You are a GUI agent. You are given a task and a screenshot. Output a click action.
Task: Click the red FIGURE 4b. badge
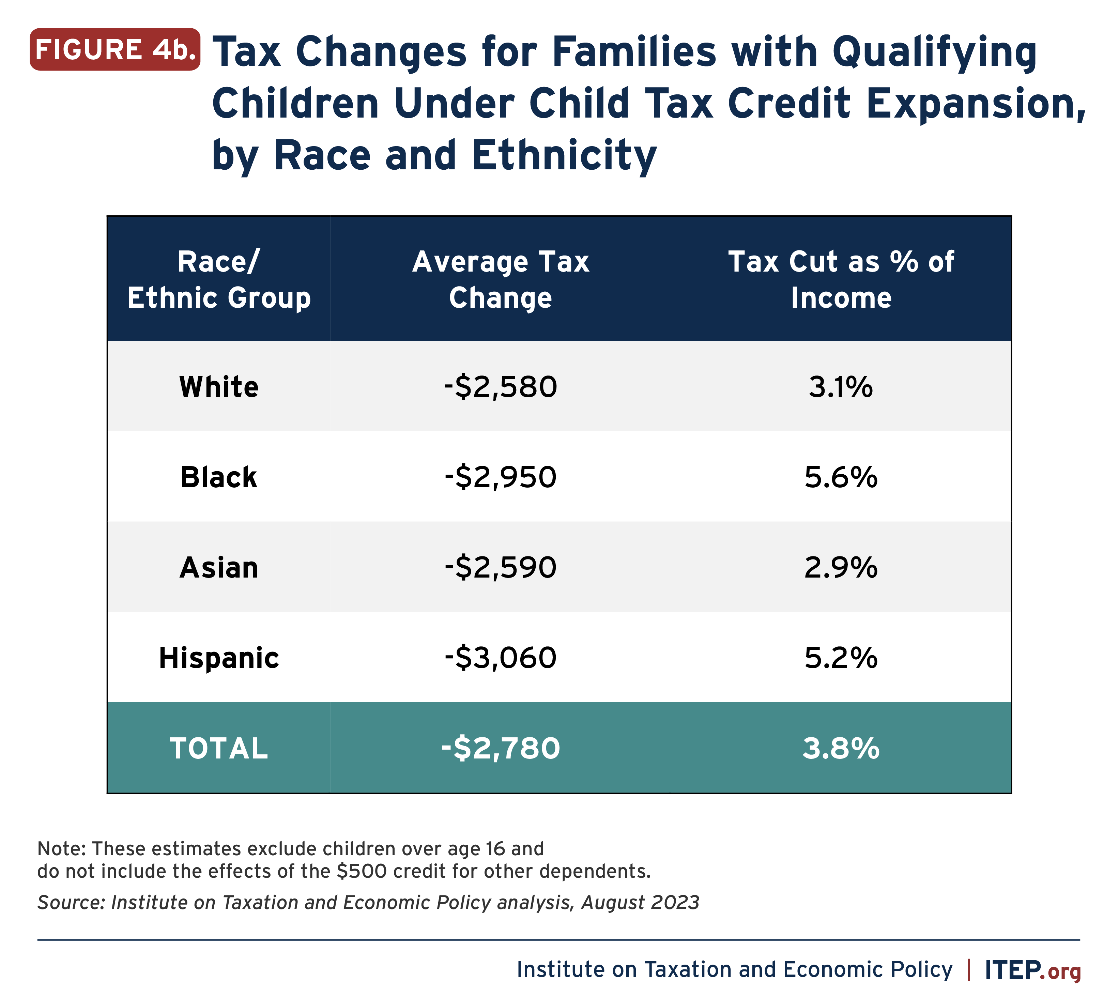(115, 49)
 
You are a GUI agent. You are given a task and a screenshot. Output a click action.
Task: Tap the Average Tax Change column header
(500, 279)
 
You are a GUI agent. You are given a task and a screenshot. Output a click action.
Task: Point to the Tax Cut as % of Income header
(841, 279)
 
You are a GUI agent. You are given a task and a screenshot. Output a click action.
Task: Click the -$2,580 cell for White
(500, 387)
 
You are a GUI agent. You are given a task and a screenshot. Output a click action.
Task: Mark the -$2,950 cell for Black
(500, 477)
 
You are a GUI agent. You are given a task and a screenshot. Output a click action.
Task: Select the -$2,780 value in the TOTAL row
(500, 748)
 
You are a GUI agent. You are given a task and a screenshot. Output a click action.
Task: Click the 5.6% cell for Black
(841, 477)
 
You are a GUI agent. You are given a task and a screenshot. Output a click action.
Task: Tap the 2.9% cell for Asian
(841, 568)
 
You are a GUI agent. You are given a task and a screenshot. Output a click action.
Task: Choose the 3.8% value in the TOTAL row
(841, 748)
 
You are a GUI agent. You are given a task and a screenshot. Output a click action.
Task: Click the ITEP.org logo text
(1032, 970)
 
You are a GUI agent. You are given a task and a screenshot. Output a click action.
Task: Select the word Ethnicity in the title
(564, 156)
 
